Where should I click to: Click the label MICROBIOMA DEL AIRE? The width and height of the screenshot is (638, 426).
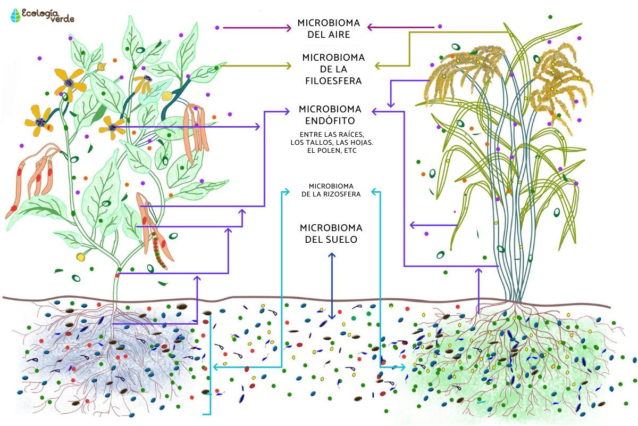point(329,29)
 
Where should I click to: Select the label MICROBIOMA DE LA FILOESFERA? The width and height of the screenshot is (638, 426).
point(333,69)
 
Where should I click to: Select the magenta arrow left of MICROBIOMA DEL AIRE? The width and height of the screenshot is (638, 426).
point(255,27)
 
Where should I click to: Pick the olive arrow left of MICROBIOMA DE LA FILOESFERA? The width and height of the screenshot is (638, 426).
point(255,66)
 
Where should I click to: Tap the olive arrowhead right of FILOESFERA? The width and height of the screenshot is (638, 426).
point(378,66)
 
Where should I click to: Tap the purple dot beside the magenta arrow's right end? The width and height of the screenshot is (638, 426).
point(439,26)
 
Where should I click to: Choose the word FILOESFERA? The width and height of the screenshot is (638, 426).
point(333,81)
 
